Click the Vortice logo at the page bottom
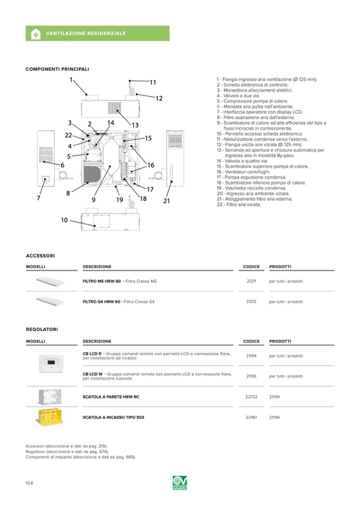[x=180, y=482]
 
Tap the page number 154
[x=30, y=482]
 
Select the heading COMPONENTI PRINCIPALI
[x=57, y=69]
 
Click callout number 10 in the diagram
[x=64, y=220]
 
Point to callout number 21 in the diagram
[x=166, y=201]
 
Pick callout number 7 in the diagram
[x=38, y=198]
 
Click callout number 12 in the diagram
[x=159, y=98]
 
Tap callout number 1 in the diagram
[x=71, y=80]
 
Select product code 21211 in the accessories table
[x=251, y=281]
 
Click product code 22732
[x=251, y=396]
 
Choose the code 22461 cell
[x=251, y=417]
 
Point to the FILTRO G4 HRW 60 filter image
[x=49, y=301]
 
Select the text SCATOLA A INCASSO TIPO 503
[x=113, y=417]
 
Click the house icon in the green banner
[x=36, y=33]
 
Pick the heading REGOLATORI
[x=42, y=330]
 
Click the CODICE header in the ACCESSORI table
[x=251, y=266]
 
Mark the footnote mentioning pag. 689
[x=80, y=456]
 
